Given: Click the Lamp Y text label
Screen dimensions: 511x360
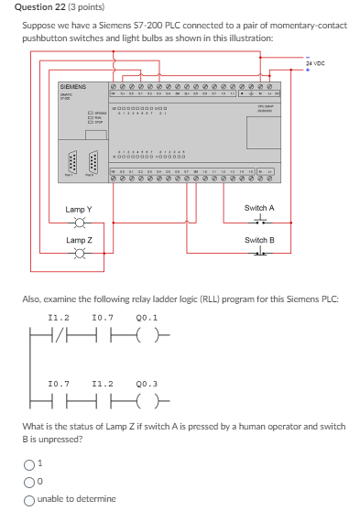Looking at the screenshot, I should (78, 209).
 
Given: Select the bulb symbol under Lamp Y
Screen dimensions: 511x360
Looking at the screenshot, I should (79, 223).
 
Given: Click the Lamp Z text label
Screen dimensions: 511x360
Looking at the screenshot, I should (78, 240).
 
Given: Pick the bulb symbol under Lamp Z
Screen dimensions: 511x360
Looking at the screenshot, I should (79, 255).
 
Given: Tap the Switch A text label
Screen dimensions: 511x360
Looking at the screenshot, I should (259, 208).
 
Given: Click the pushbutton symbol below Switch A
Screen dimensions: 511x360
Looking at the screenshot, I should (259, 221).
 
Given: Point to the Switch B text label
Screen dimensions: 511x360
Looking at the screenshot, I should (259, 240).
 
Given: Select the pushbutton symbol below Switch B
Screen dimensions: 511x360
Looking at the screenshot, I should (259, 253).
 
